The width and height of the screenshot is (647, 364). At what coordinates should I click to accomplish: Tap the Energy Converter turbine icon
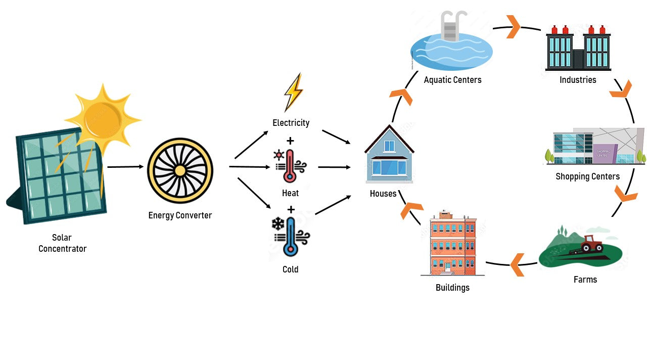180,170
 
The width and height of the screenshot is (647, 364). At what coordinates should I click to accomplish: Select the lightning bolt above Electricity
293,92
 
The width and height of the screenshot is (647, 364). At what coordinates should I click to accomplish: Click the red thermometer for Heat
290,166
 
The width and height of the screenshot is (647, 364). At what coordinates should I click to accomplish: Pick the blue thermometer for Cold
290,236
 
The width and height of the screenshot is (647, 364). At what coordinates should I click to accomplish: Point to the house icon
389,154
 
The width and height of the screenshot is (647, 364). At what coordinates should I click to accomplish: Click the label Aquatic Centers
452,80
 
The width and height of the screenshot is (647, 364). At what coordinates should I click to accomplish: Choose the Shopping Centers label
587,176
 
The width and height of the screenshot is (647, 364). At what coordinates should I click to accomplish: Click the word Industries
578,80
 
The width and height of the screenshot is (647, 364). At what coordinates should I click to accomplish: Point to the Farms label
585,280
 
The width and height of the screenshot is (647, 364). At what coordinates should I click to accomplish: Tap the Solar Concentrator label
62,243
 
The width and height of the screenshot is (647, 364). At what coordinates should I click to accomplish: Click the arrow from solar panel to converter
125,166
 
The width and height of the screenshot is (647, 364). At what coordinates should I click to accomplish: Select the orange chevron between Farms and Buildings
517,265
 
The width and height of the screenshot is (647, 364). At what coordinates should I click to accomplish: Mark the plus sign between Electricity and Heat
290,141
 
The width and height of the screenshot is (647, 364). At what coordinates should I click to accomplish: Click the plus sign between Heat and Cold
291,209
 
